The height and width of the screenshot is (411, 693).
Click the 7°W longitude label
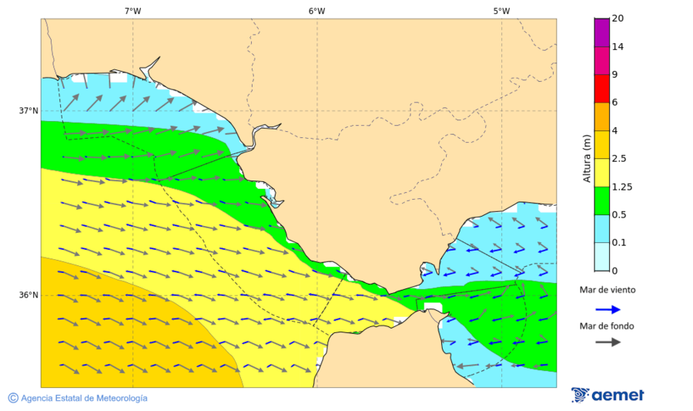[132, 11]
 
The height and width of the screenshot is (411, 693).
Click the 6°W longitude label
[316, 11]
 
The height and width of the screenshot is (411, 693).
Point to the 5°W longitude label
[501, 11]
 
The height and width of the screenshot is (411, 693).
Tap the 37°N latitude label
[28, 110]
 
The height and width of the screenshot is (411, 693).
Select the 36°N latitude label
[28, 295]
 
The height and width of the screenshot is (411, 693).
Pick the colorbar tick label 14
[618, 46]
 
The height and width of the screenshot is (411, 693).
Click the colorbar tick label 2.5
[618, 159]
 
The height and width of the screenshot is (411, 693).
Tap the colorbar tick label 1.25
[621, 187]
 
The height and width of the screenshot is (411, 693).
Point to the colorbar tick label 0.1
[618, 243]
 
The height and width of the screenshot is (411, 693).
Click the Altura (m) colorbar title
[587, 158]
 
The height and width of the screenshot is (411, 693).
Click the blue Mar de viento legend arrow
[608, 309]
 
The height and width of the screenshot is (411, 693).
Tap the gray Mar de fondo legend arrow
[608, 342]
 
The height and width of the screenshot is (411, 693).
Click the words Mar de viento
[608, 290]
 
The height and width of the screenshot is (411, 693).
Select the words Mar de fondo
[608, 326]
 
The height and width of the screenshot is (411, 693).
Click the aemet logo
[608, 395]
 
